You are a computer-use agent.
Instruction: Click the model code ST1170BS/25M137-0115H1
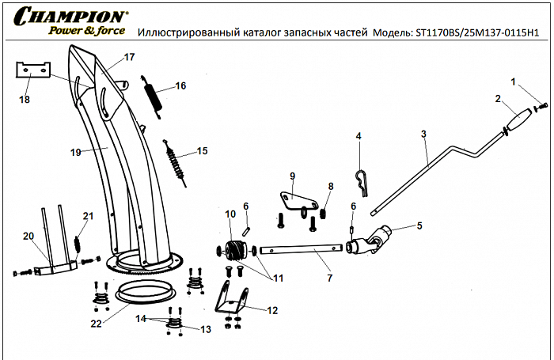[483, 33]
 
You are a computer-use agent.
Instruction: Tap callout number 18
[25, 99]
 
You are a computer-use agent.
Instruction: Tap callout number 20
[28, 237]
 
